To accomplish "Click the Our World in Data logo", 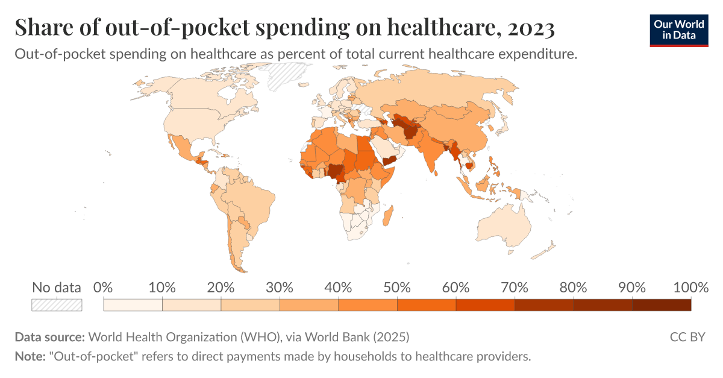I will point(679,29).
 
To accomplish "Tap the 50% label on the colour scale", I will point(397,288).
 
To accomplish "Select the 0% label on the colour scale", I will point(104,288).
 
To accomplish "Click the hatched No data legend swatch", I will point(57,305).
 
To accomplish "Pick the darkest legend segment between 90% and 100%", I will point(662,305).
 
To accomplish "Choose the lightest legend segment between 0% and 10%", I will point(133,305).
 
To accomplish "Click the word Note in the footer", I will point(30,356).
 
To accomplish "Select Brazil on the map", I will point(253,199).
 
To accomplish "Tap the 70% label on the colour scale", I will point(515,288).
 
